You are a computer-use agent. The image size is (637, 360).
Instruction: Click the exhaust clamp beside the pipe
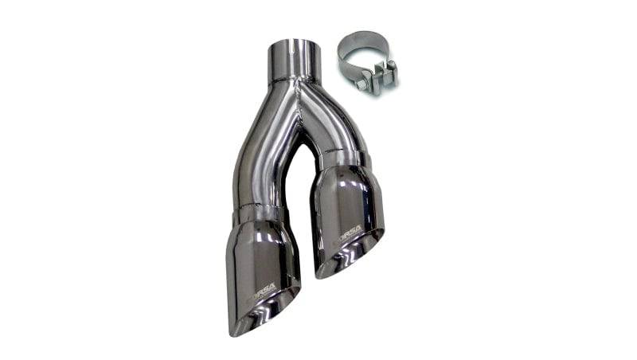pos(366,62)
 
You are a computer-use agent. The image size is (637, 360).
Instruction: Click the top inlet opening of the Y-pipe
pos(295,44)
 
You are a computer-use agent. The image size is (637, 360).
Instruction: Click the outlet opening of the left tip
pos(267,307)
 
